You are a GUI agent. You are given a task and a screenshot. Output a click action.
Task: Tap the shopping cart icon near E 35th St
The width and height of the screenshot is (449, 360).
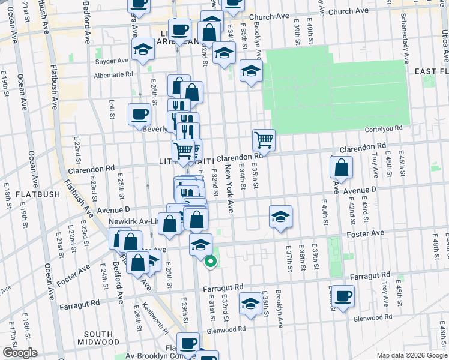(x=264, y=140)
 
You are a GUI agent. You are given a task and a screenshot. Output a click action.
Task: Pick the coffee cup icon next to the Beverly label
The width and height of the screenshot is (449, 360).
(x=139, y=114)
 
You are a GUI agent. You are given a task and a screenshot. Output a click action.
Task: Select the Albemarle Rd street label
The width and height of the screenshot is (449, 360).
(x=113, y=75)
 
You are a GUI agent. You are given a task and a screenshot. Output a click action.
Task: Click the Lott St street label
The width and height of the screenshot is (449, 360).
(x=112, y=109)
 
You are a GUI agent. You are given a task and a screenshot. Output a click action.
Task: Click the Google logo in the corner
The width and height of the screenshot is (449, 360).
(x=20, y=353)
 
